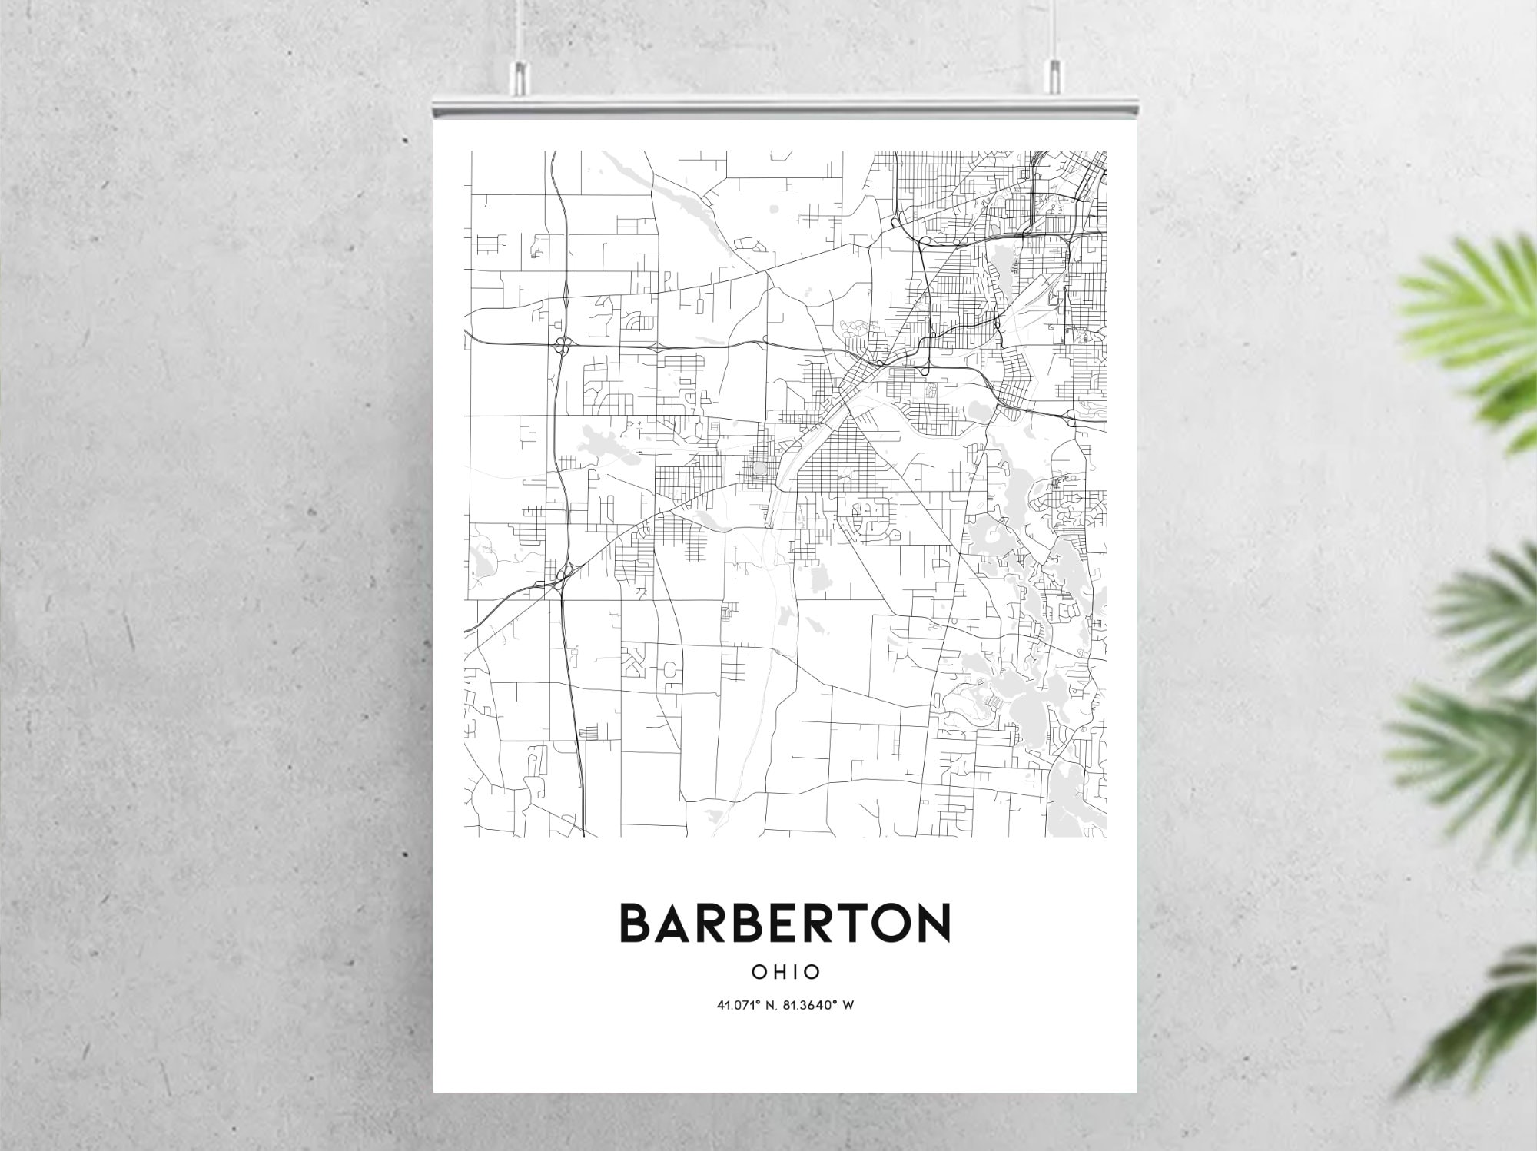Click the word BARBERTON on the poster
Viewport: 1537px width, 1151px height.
pyautogui.click(x=785, y=923)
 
